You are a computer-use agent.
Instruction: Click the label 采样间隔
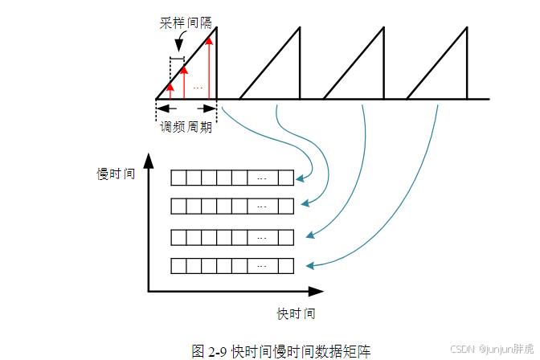(x=185, y=23)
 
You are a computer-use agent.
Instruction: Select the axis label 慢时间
(x=116, y=174)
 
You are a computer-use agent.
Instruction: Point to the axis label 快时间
(x=296, y=313)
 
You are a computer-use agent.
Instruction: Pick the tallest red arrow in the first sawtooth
(x=209, y=68)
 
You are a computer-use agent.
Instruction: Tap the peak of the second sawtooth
(x=299, y=29)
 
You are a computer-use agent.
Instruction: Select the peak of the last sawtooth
(x=466, y=29)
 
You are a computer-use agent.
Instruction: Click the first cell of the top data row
(x=179, y=178)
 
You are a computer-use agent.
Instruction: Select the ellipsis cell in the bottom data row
(x=262, y=265)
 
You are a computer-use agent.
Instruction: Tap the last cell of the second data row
(x=286, y=207)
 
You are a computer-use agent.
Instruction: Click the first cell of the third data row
(x=179, y=236)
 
